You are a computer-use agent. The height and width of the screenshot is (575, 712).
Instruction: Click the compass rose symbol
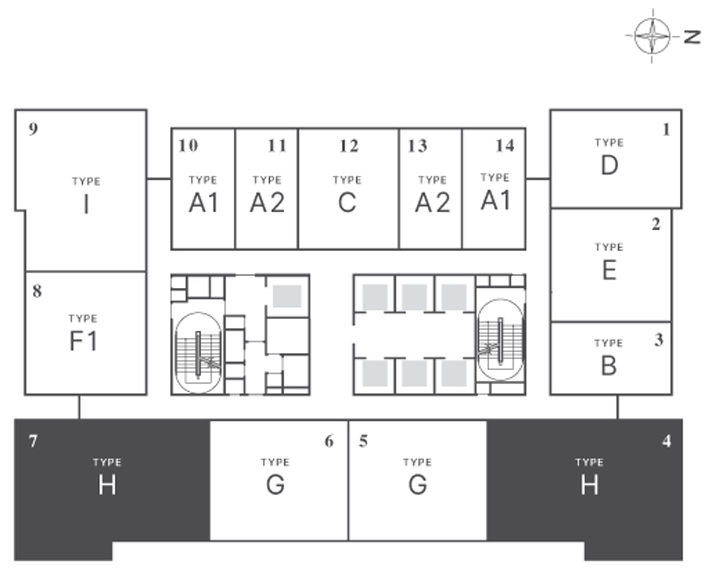(x=653, y=36)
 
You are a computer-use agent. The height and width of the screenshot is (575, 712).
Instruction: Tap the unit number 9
(x=33, y=129)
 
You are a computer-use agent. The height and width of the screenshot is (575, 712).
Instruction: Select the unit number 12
(x=349, y=146)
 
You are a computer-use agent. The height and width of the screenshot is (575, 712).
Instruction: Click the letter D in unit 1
(x=609, y=165)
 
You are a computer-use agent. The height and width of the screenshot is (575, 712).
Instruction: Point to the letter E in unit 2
(x=609, y=270)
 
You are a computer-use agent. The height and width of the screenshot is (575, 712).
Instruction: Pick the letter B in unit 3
(x=609, y=366)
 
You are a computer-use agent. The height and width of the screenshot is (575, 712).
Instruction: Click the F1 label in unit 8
(x=84, y=341)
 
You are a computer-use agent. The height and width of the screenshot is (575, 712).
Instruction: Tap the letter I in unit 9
(x=86, y=204)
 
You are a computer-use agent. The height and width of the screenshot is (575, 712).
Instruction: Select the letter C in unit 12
(x=347, y=203)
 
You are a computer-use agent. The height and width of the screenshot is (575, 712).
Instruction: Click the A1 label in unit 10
(x=204, y=203)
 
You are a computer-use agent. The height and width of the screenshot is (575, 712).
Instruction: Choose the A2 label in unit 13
(x=432, y=203)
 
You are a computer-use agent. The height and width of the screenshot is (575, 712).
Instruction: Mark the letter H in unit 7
(x=107, y=485)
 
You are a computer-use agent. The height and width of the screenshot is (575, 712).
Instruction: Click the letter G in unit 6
(x=275, y=485)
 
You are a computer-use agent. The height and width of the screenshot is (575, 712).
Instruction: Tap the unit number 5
(x=364, y=441)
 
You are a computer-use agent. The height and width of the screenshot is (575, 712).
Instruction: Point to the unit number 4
(x=666, y=441)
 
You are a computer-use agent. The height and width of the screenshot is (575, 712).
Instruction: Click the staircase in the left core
(x=198, y=352)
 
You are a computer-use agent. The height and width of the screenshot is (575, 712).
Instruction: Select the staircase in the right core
(x=500, y=339)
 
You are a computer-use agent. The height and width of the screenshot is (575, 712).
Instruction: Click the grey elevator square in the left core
(x=287, y=296)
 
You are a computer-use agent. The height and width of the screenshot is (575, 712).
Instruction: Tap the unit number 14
(x=505, y=145)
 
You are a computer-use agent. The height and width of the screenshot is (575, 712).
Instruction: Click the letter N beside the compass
(x=692, y=37)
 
